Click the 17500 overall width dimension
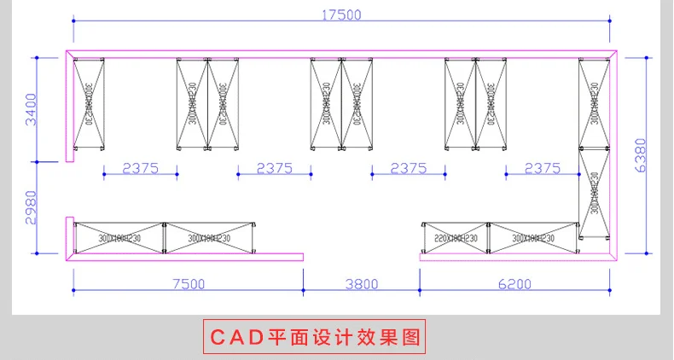(x=341, y=15)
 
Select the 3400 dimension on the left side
(x=32, y=109)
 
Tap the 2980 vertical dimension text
(x=32, y=207)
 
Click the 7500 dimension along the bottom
(x=187, y=284)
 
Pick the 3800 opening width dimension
(x=361, y=284)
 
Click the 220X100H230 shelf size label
(x=456, y=238)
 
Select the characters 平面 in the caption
(x=286, y=336)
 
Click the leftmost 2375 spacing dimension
(x=141, y=168)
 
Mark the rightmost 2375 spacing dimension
(x=543, y=168)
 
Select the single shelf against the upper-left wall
(x=89, y=103)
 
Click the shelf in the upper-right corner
(x=596, y=103)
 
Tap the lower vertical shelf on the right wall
(x=594, y=195)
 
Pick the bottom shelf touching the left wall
(x=119, y=238)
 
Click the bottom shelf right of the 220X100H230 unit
(x=532, y=238)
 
